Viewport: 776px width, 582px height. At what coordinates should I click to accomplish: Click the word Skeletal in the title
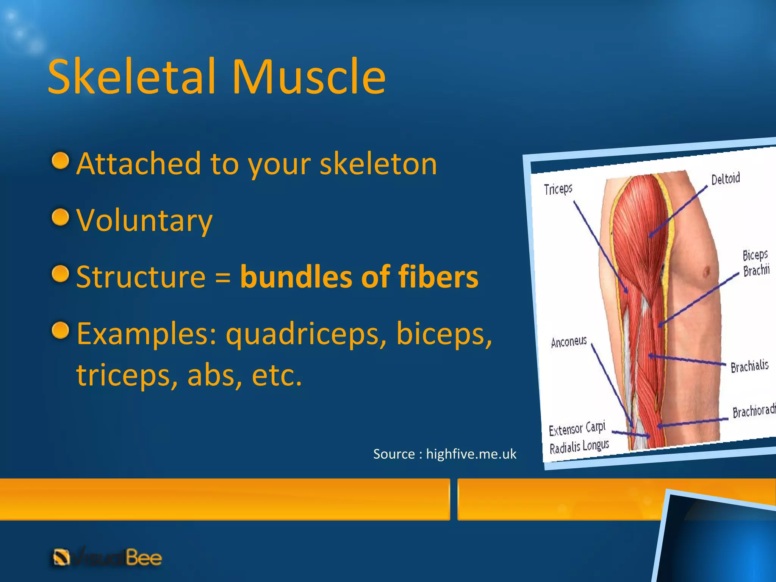pos(132,77)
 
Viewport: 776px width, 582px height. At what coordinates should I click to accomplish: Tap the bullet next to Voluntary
pos(60,217)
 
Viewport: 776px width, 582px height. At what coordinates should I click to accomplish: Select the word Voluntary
pos(144,221)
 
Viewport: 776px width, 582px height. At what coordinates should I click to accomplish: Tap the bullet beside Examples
pos(60,330)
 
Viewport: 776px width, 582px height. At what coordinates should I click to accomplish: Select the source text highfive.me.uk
pos(471,454)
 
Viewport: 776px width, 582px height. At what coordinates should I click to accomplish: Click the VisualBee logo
pos(107,558)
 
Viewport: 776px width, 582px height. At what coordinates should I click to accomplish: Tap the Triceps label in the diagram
pos(558,189)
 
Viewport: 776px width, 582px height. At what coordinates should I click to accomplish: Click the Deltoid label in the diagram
pos(725,178)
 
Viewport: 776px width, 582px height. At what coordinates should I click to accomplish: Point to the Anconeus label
pos(568,342)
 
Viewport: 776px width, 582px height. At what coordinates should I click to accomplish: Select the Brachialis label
pos(749,366)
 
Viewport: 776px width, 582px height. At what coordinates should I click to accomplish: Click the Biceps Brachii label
pos(756,263)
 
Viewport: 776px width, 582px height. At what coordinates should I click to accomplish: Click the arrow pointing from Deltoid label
pos(678,211)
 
